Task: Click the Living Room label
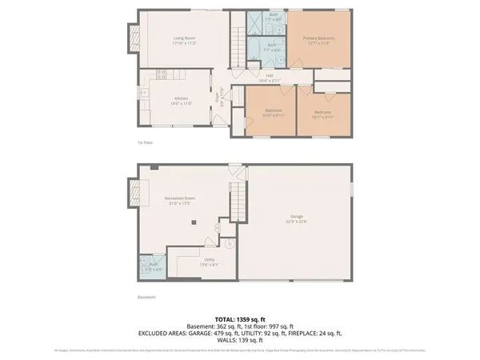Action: [x=186, y=38]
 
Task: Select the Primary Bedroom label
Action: [x=318, y=39]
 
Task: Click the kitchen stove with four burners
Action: [x=161, y=76]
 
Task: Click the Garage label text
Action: [x=296, y=217]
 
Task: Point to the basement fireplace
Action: [x=131, y=190]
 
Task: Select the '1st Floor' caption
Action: [x=145, y=142]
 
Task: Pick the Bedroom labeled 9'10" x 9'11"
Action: [x=274, y=111]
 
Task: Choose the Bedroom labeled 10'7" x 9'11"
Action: [x=323, y=111]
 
